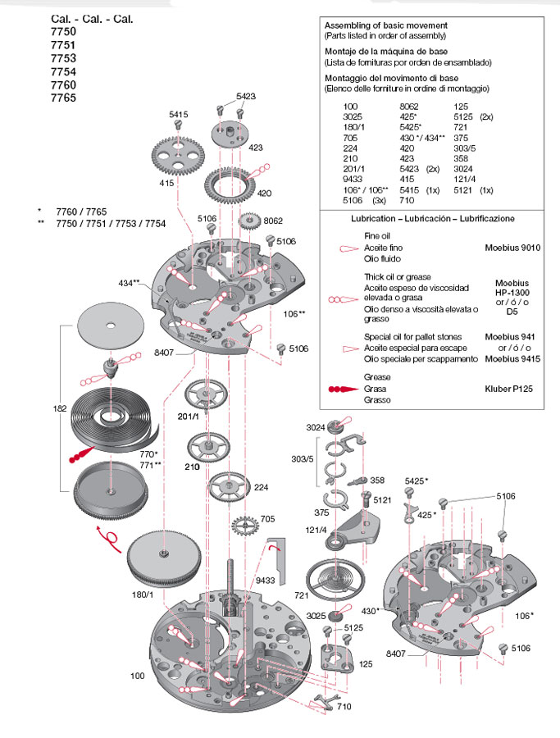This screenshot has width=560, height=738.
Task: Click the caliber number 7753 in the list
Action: (63, 58)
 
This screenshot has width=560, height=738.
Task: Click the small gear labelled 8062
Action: (252, 222)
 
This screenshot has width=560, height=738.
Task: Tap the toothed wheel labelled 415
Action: (178, 153)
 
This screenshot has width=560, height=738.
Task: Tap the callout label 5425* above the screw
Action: (417, 480)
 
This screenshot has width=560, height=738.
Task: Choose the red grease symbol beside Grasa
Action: (344, 388)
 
